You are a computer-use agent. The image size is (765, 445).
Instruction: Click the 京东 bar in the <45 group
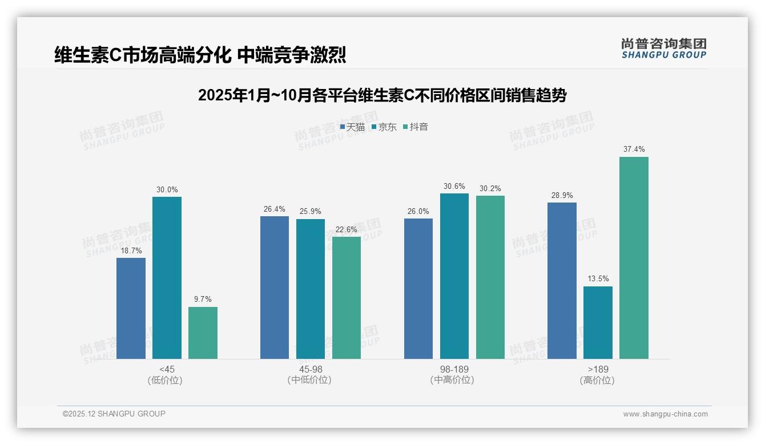[167, 278]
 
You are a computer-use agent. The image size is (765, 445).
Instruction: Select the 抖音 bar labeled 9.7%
[203, 333]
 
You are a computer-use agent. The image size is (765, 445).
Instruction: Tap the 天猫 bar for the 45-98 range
[275, 288]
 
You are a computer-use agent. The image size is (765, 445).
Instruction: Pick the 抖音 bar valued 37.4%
[634, 258]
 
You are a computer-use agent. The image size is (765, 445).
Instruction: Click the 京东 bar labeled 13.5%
[598, 322]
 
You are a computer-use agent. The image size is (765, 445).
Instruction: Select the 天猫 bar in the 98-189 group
[418, 289]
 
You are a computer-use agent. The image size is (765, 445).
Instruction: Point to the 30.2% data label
[490, 189]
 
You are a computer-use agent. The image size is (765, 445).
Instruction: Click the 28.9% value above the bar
[562, 196]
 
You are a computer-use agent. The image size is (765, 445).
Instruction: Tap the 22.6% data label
[347, 230]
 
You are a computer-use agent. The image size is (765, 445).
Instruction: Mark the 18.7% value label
[131, 251]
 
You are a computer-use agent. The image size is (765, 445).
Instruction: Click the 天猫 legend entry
[352, 127]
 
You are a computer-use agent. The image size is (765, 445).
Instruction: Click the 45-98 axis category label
[311, 370]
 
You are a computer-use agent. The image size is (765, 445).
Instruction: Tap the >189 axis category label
[597, 370]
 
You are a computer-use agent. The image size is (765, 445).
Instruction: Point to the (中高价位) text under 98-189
[454, 380]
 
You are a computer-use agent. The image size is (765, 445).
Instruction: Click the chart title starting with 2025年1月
[382, 95]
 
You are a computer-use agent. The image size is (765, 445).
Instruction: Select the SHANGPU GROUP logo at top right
[663, 48]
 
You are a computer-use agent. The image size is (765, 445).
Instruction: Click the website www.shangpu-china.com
[665, 414]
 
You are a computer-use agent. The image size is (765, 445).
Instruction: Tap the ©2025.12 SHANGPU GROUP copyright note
[114, 414]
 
